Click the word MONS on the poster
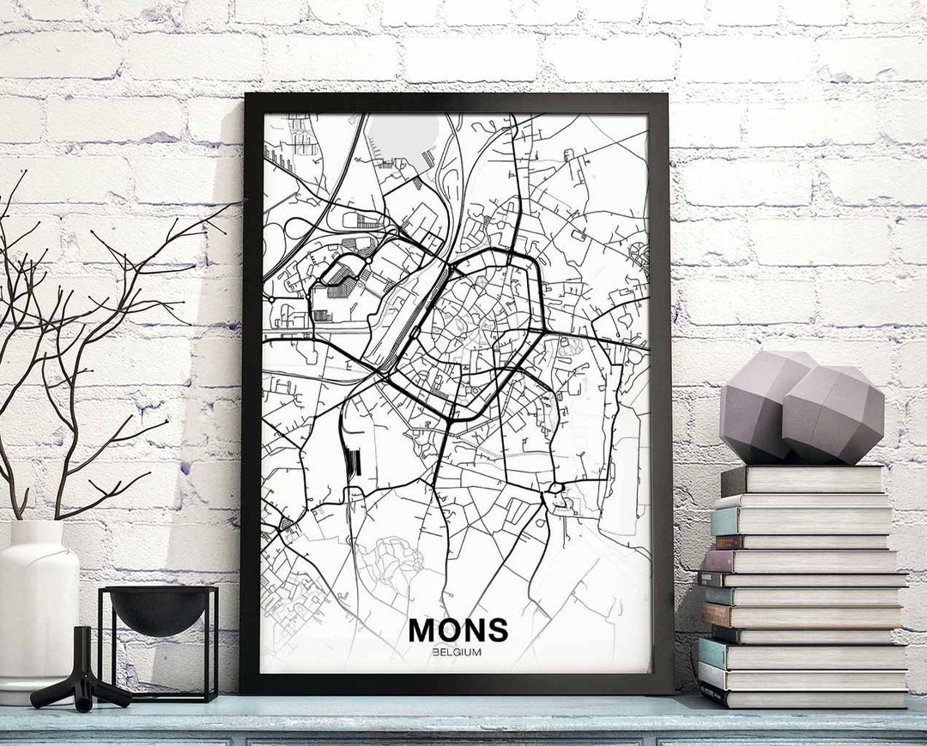pyautogui.click(x=457, y=630)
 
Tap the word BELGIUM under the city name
pyautogui.click(x=457, y=653)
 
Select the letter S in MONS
pyautogui.click(x=497, y=630)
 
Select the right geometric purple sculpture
pyautogui.click(x=833, y=416)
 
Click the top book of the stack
pyautogui.click(x=803, y=479)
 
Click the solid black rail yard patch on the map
pyautogui.click(x=353, y=463)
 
